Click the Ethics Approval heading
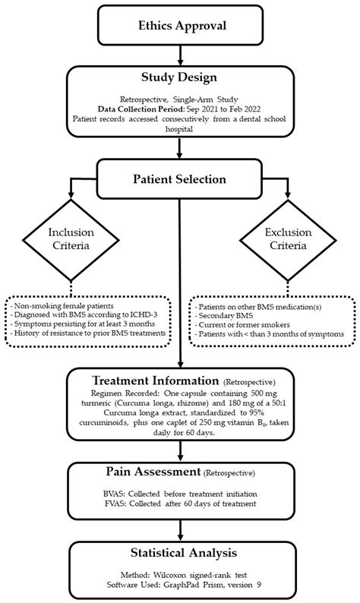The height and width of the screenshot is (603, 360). (182, 26)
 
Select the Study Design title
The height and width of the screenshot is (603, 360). (179, 77)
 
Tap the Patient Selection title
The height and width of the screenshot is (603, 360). (179, 179)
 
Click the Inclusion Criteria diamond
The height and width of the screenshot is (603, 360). (71, 240)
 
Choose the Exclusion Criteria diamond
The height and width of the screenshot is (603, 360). (288, 240)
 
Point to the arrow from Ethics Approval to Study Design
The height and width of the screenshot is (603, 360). (179, 55)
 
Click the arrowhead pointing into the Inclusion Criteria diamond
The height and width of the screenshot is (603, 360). (71, 194)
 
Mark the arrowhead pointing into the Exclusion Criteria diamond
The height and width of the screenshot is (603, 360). (288, 194)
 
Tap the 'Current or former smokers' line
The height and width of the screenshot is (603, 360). (242, 324)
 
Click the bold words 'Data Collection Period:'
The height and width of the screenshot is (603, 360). (141, 109)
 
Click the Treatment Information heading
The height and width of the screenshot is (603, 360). (156, 380)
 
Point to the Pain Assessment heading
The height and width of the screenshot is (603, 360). (153, 472)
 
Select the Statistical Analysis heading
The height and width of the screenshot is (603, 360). (184, 553)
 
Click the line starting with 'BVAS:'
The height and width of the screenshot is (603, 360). (182, 494)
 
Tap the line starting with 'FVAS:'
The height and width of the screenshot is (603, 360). (182, 504)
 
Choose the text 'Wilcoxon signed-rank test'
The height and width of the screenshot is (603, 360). (201, 576)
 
